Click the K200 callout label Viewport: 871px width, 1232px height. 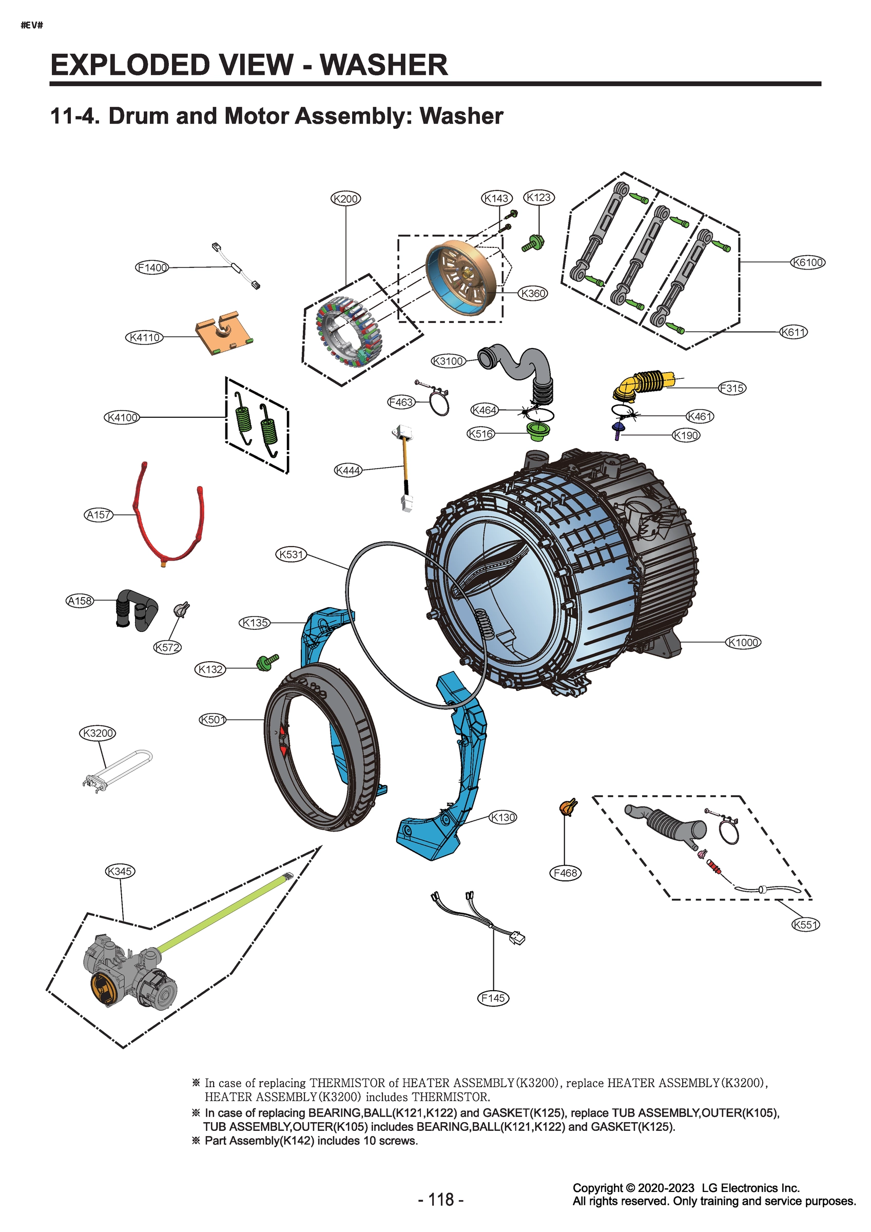pos(345,199)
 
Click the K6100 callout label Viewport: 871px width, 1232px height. pos(808,262)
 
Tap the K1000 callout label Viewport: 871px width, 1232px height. pos(743,642)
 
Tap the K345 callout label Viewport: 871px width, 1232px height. pos(120,871)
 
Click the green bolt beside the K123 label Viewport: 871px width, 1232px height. pos(533,243)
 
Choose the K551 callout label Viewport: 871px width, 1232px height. pos(805,924)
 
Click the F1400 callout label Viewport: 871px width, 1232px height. pos(152,267)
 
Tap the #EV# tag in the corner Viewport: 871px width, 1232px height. pos(32,25)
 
